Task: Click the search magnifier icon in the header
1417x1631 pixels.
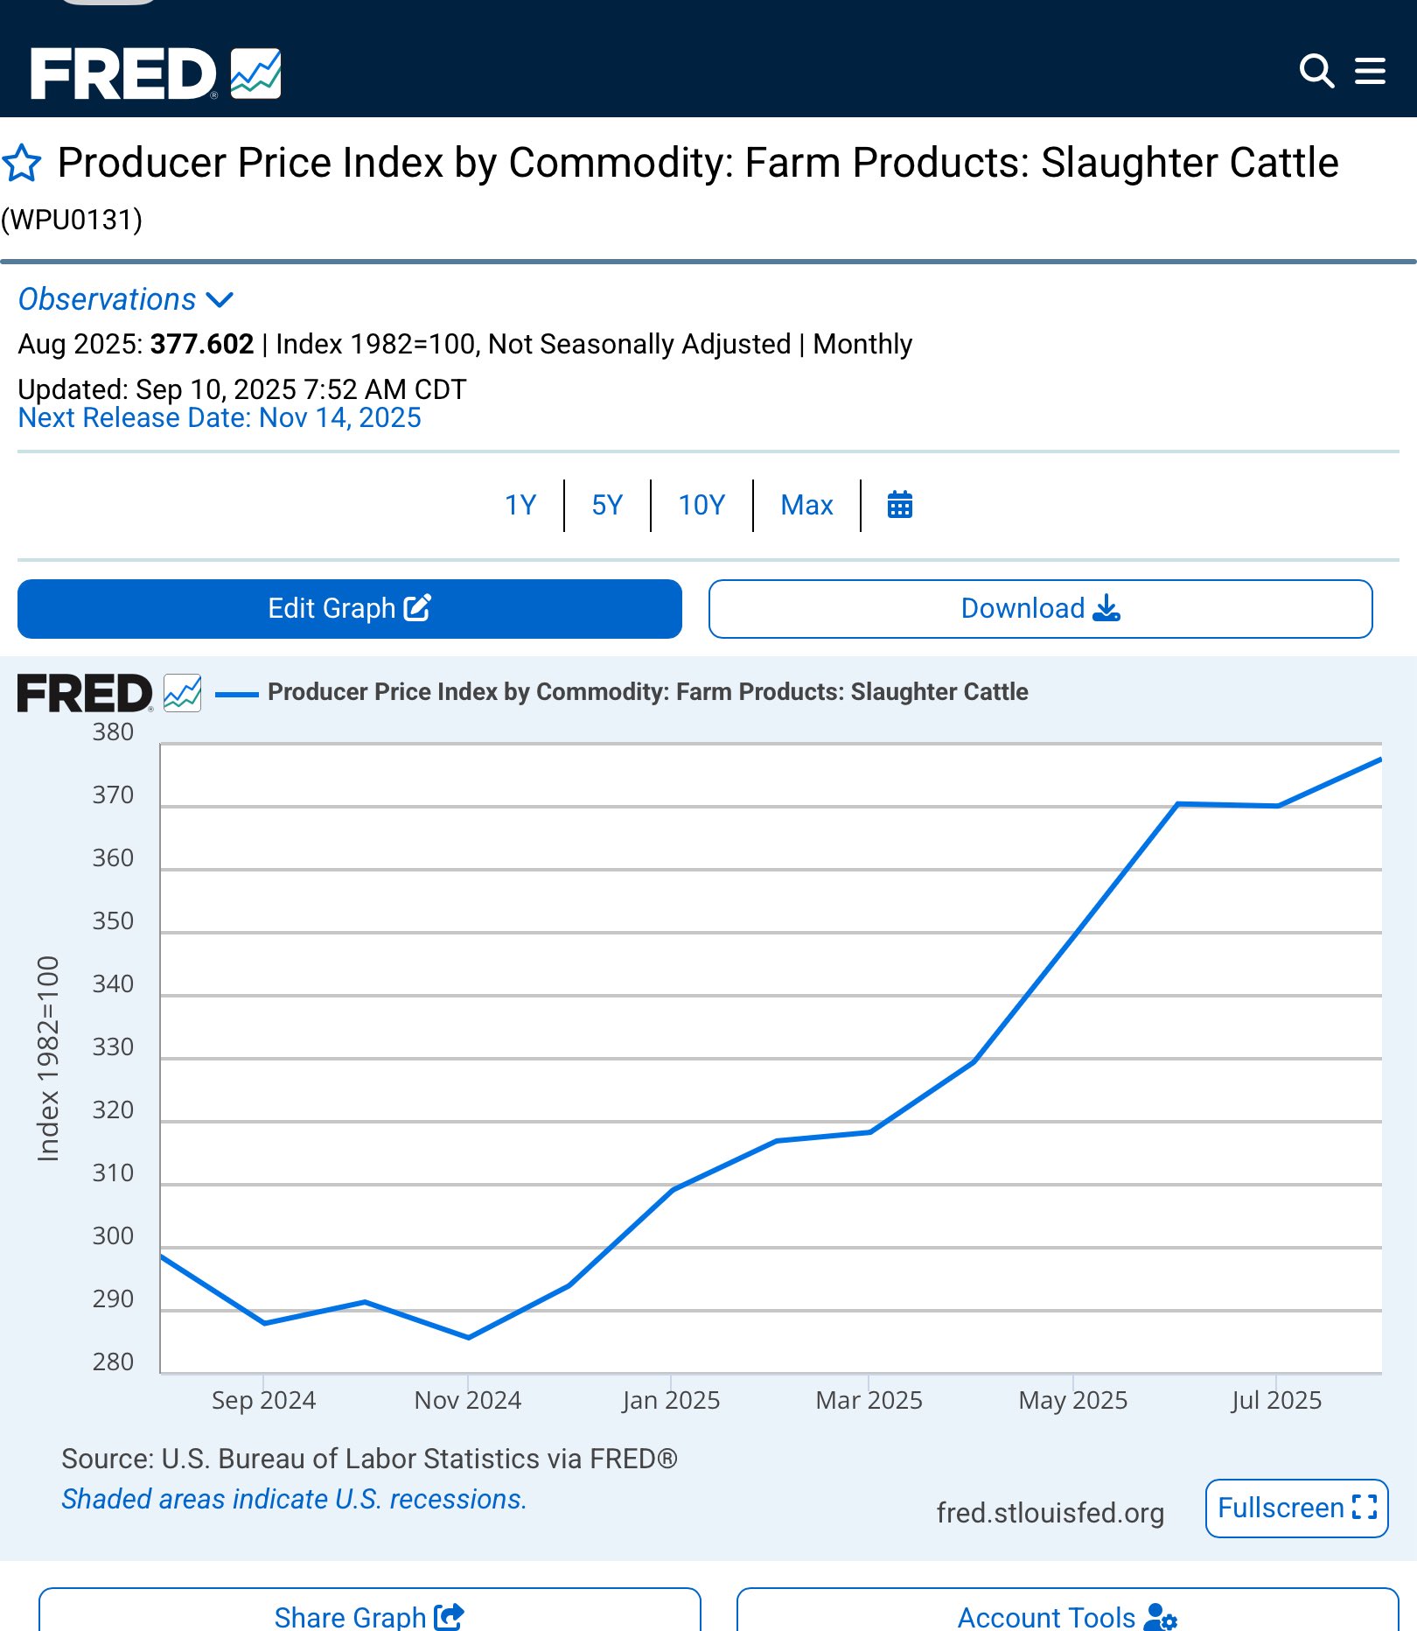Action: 1316,71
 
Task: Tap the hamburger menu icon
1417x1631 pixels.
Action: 1370,71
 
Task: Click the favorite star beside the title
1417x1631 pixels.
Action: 22,164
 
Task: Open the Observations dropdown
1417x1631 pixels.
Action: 126,299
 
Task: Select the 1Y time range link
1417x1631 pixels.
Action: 520,505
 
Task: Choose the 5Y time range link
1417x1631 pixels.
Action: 607,505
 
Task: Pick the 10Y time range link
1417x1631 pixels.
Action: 702,505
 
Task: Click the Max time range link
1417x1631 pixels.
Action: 806,505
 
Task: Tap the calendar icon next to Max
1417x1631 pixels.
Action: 900,505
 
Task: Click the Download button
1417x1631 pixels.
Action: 1040,608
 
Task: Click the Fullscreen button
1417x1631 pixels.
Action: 1296,1508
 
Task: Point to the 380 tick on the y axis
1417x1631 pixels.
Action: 114,732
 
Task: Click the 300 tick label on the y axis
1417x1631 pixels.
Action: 114,1236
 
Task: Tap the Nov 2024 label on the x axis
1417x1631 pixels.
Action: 468,1400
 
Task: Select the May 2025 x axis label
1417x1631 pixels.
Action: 1073,1400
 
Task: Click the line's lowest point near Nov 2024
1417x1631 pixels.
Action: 469,1337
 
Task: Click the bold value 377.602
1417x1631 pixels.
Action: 202,344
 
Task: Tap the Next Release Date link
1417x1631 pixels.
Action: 220,418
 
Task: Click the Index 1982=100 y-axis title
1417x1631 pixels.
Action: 48,1059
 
